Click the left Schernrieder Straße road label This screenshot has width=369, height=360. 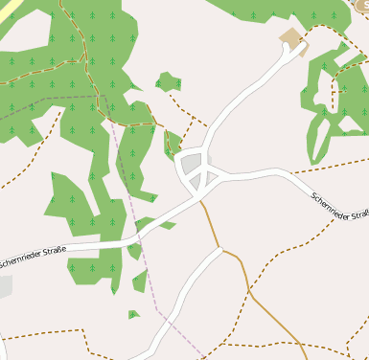point(33,256)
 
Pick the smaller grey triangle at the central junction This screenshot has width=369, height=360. point(196,180)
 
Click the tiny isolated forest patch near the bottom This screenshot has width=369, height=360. point(133,313)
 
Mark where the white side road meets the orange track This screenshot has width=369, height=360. point(220,251)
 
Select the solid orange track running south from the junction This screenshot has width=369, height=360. point(212,224)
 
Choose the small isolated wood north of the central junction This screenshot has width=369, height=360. point(168,80)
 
